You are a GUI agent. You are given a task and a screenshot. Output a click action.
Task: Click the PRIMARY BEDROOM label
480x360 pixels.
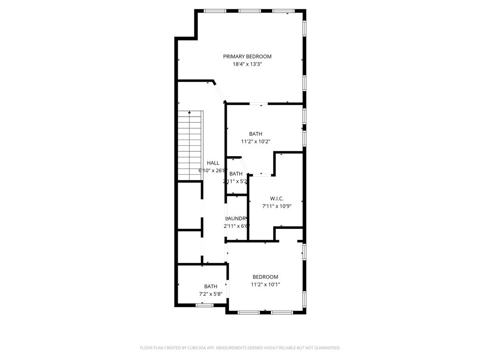point(247,57)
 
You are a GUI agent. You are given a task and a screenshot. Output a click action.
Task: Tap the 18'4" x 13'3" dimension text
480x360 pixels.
point(247,64)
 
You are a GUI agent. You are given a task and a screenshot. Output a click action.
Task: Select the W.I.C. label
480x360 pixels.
point(277,199)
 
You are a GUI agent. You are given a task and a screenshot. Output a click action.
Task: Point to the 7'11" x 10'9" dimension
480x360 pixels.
point(277,206)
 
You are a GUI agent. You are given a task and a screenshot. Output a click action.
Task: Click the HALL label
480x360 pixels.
point(213,163)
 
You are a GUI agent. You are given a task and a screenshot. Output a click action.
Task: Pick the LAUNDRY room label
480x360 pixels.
point(236,218)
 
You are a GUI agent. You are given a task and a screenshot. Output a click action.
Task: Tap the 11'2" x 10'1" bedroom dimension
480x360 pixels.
point(265,284)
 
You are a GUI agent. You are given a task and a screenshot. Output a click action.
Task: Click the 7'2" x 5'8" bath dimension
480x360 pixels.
point(210,294)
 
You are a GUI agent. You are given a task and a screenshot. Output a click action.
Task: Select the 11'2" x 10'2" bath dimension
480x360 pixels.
point(255,141)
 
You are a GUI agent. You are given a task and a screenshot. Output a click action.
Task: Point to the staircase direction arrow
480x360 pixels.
point(189,112)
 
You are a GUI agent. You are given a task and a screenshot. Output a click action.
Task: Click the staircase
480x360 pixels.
point(189,145)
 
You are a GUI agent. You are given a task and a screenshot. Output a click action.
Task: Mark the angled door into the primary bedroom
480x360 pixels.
point(220,92)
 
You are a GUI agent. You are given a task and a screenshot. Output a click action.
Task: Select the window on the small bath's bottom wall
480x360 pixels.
point(204,305)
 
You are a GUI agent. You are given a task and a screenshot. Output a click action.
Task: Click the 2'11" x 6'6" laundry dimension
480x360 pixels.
point(236,226)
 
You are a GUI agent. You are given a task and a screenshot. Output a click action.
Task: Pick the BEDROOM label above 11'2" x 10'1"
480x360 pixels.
point(265,277)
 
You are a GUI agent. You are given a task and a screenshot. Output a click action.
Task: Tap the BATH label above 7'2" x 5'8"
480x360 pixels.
point(210,286)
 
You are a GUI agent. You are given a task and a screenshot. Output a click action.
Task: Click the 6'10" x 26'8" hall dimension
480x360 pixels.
point(213,171)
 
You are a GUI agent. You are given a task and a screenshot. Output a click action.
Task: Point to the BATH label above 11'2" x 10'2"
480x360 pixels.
point(255,134)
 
